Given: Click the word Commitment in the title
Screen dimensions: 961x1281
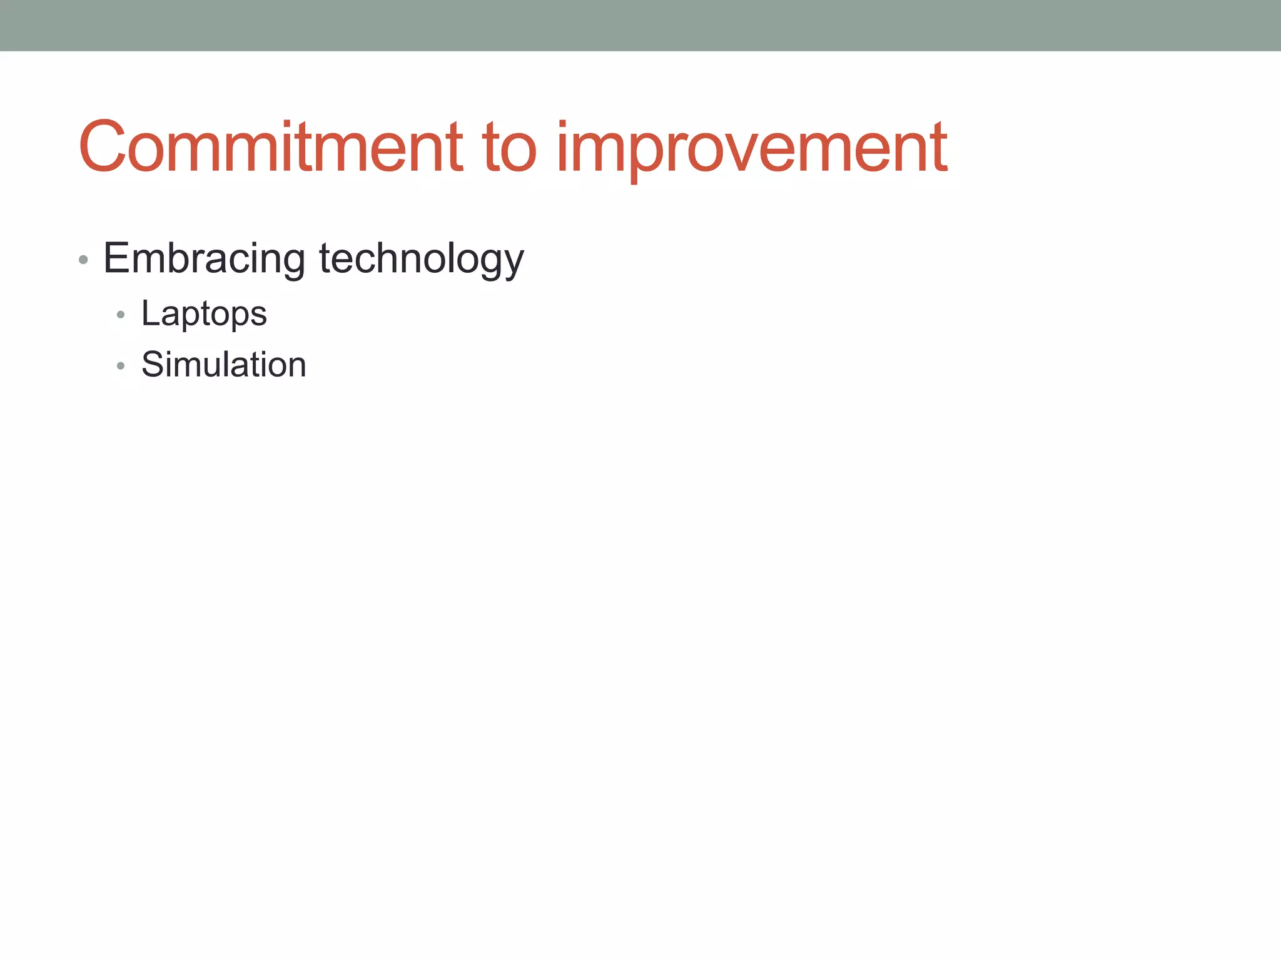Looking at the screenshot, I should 270,147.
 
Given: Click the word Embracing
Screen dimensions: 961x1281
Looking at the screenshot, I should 204,258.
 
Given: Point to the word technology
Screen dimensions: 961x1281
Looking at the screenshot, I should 421,258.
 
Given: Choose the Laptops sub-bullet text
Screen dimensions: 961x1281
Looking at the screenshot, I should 204,313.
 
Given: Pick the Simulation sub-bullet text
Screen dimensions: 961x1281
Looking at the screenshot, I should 223,364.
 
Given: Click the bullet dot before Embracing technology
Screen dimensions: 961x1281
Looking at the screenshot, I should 83,259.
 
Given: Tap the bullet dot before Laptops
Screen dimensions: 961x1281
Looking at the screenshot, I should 121,315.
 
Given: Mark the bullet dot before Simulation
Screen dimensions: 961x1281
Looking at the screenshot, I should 121,365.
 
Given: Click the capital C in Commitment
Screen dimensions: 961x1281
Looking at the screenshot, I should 104,147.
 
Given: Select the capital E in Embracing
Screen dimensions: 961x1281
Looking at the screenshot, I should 116,258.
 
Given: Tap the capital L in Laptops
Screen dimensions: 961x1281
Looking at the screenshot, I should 149,313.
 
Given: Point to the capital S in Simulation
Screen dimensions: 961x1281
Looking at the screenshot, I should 153,364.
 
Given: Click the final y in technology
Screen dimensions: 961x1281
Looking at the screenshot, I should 512,263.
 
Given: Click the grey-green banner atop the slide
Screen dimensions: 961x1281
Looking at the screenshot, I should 640,25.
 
